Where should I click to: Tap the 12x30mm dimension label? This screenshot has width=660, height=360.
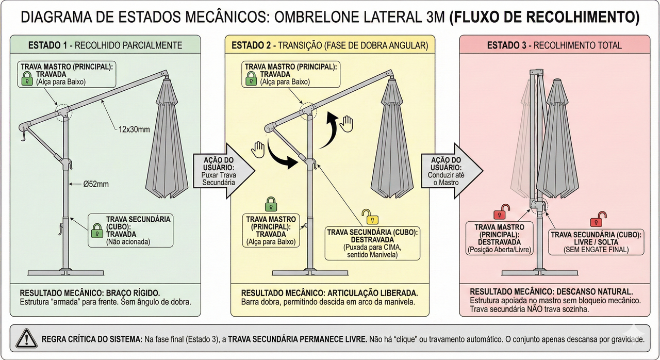coord(131,129)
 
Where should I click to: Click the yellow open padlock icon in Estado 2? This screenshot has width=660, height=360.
coord(367,217)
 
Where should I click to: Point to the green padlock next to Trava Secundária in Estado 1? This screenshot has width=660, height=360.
coord(96,231)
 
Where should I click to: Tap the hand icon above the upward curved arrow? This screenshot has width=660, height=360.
coord(347,123)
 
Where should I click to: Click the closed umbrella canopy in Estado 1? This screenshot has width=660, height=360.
coord(166,139)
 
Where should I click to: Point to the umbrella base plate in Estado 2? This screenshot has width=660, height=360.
coord(309,272)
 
